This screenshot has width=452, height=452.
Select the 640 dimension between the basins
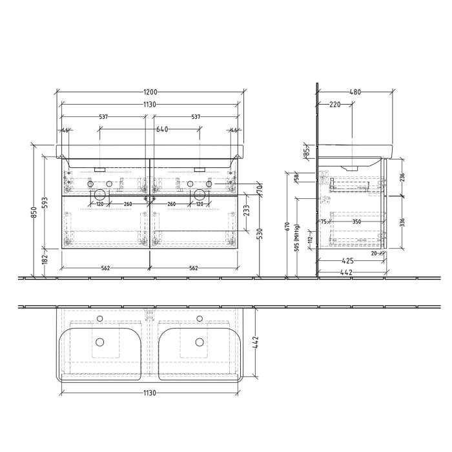pos(162,130)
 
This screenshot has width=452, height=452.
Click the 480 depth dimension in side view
pos(354,92)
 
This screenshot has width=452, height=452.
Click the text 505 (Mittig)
pos(296,239)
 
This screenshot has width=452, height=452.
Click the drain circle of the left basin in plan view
pos(100,342)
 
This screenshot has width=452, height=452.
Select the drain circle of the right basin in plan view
pos(200,342)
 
